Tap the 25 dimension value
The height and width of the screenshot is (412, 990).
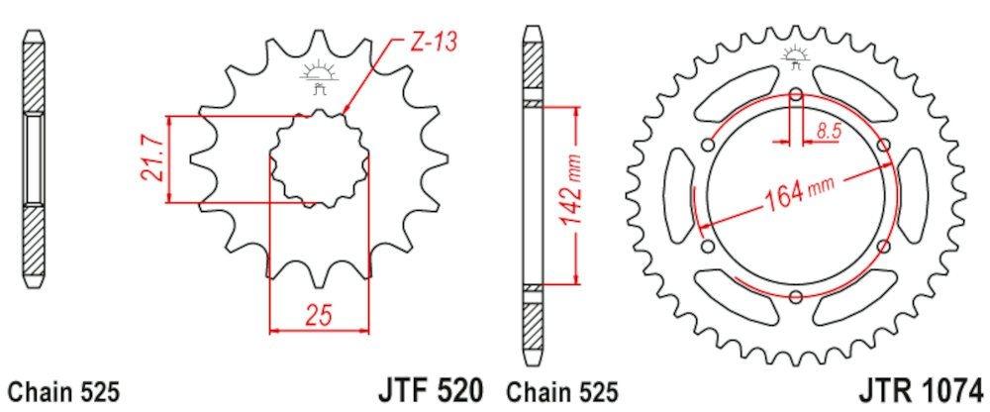318,315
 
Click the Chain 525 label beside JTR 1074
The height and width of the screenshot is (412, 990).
561,392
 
